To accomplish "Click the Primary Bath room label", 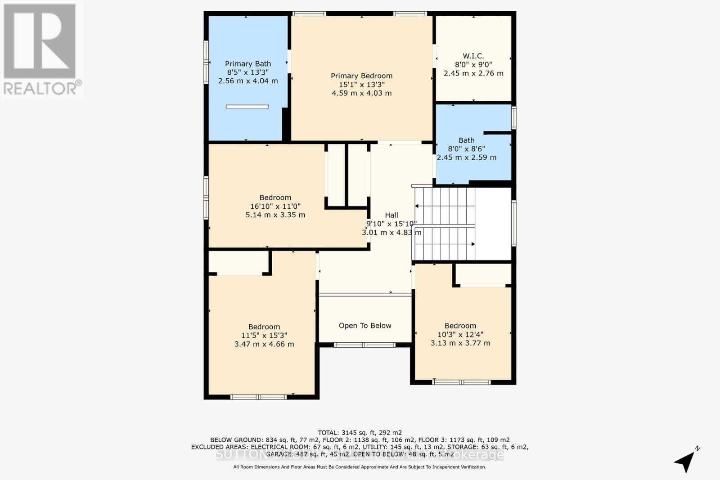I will [x=248, y=64].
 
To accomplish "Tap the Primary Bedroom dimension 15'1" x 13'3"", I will [x=361, y=85].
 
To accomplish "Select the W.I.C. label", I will [x=473, y=56].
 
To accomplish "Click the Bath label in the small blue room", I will [x=467, y=140].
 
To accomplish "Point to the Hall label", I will [x=391, y=215].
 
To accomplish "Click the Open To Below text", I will [x=365, y=326].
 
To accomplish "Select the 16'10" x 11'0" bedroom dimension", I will [x=275, y=206].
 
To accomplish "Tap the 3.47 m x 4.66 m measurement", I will [x=264, y=344].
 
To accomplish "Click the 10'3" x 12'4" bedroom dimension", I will [x=460, y=334].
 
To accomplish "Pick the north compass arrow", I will [x=687, y=460].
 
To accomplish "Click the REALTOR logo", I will [x=41, y=49].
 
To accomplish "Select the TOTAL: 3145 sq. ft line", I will [x=360, y=433].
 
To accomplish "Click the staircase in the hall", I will [x=444, y=224].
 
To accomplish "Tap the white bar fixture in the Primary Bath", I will [x=247, y=107].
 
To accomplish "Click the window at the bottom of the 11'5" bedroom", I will [x=258, y=397].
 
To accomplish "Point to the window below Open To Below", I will [x=364, y=345].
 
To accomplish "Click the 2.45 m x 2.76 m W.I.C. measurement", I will [x=473, y=73].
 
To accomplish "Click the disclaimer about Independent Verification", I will [x=360, y=467].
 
